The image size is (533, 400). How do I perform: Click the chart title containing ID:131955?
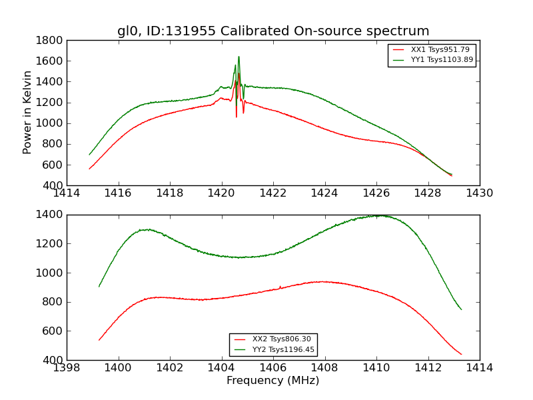273,31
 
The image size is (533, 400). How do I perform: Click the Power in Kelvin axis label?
27,112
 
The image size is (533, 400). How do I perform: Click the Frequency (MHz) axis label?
272,381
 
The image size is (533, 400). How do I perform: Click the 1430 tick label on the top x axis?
479,193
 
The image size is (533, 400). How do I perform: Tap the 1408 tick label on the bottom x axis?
324,368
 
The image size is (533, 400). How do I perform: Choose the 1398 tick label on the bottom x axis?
67,368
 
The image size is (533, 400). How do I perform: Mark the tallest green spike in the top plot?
239,57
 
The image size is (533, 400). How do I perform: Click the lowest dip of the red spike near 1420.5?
236,117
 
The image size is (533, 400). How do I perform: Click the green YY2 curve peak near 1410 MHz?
377,215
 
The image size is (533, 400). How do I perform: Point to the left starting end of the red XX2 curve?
99,340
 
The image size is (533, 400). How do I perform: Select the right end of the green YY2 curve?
461,309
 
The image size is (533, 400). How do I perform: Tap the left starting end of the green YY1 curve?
89,155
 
